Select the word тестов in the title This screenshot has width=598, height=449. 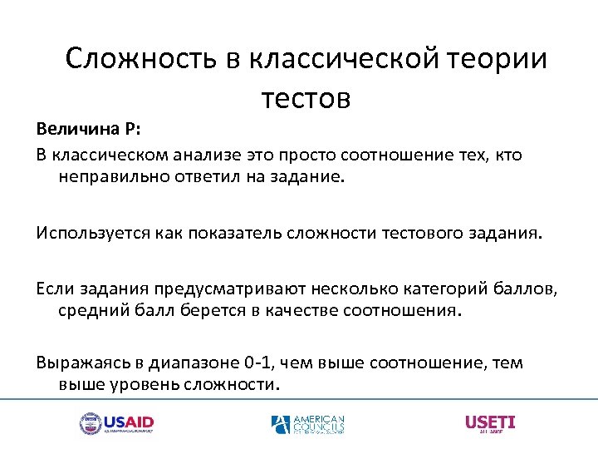click(306, 98)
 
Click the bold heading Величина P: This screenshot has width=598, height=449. click(89, 131)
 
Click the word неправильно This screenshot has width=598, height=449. click(112, 176)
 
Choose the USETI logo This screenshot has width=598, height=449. click(490, 423)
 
